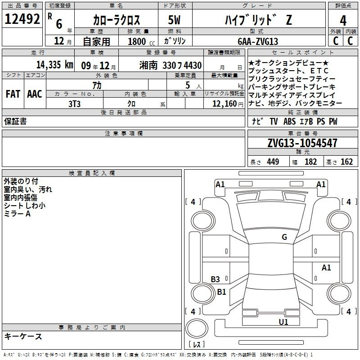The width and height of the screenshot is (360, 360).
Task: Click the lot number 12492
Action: click(22, 19)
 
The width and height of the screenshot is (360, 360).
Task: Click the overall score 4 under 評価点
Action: click(343, 20)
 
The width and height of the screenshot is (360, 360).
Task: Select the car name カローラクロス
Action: click(116, 20)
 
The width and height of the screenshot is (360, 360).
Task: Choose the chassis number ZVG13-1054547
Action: click(302, 144)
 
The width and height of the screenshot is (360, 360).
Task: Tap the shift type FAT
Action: click(13, 94)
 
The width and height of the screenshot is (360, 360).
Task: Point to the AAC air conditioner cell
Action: click(35, 94)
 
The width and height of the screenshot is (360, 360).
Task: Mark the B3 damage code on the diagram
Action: click(216, 279)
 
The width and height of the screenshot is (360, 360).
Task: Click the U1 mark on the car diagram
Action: click(283, 322)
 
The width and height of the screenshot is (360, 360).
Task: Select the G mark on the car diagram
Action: click(284, 237)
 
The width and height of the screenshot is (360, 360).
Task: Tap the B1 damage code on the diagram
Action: click(222, 292)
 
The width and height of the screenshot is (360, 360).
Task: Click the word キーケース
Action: click(23, 337)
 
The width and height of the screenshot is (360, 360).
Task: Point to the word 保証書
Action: click(15, 121)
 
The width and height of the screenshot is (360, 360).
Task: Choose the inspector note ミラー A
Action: click(17, 214)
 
